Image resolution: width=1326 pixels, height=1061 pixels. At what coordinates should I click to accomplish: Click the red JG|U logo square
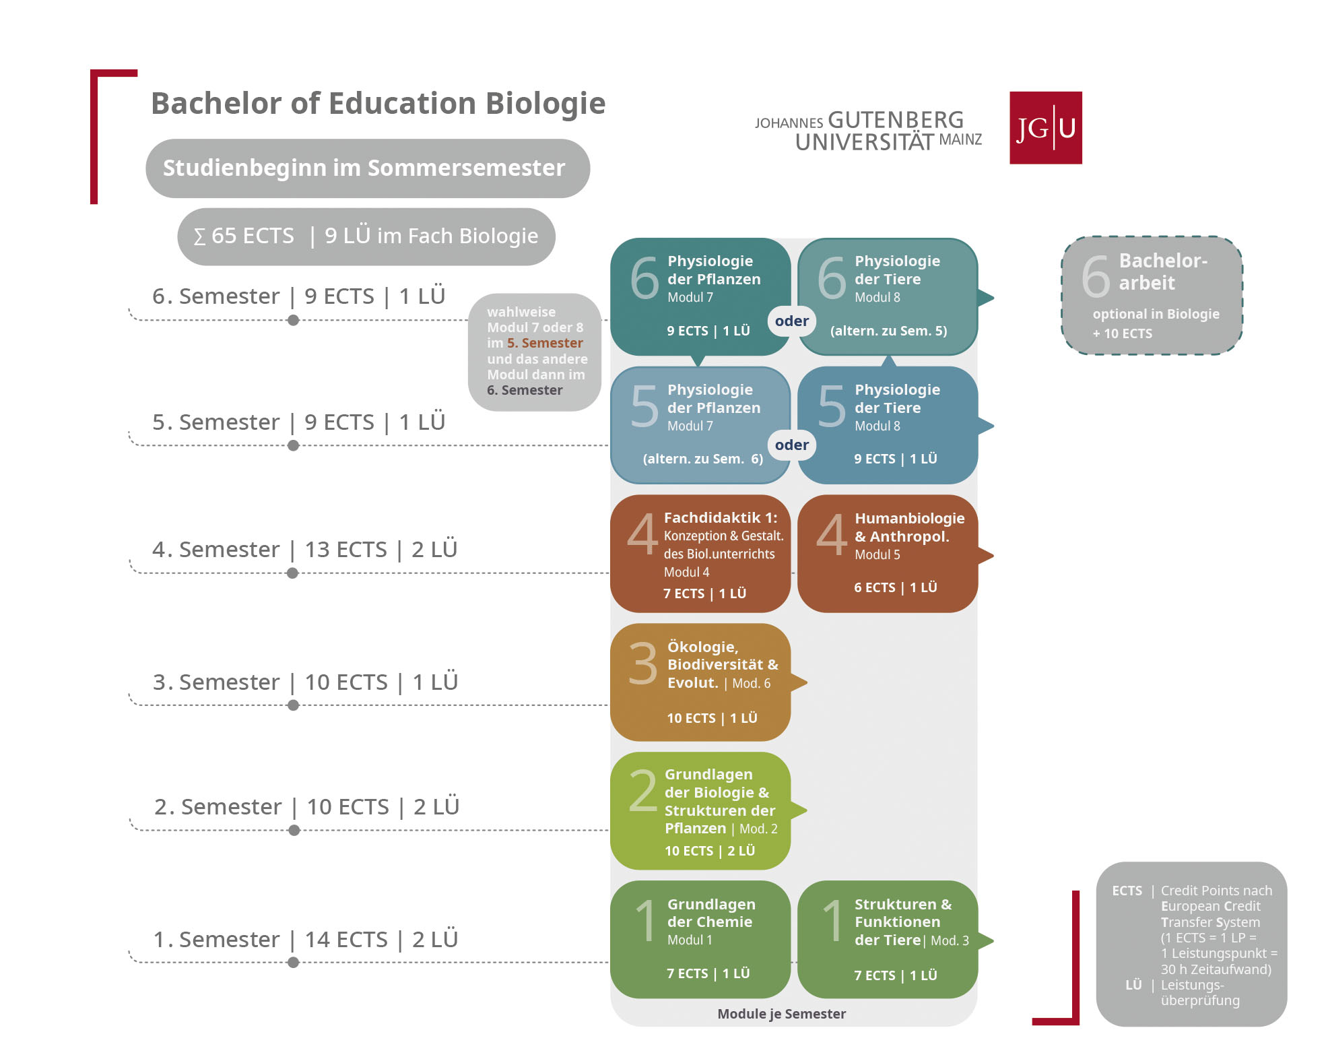click(x=1045, y=128)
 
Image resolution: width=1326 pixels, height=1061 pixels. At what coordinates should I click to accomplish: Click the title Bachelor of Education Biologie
click(x=378, y=104)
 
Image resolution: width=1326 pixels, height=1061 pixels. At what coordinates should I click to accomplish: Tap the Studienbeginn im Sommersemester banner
click(x=368, y=168)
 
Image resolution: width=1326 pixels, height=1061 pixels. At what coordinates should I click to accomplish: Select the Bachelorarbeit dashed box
click(x=1152, y=295)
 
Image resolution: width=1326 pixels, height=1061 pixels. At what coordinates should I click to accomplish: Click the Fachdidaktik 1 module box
click(x=700, y=554)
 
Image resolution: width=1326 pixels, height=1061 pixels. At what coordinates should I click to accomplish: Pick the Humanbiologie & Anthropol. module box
click(x=888, y=554)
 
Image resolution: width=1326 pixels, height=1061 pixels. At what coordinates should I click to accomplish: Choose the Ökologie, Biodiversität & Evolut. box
click(x=700, y=682)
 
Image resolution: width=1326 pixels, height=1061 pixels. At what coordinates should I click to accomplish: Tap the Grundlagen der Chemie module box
click(x=700, y=939)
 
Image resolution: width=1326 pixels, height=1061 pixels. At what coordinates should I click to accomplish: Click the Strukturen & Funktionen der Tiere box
click(x=888, y=939)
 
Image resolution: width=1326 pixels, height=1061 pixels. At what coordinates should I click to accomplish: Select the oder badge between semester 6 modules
click(x=792, y=321)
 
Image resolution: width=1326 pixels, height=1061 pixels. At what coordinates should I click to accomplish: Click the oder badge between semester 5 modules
click(x=792, y=445)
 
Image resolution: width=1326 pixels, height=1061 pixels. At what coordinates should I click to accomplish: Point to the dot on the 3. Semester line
click(x=293, y=705)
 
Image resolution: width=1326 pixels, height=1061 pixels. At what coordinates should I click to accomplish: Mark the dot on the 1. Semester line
click(x=293, y=963)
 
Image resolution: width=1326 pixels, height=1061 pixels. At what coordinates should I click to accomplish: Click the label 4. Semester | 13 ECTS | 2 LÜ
click(x=304, y=550)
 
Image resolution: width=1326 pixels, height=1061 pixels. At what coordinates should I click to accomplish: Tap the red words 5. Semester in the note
click(x=545, y=343)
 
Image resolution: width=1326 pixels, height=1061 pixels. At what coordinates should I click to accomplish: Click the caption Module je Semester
click(x=781, y=1014)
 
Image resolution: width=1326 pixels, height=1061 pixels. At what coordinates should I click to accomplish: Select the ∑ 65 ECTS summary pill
click(x=366, y=236)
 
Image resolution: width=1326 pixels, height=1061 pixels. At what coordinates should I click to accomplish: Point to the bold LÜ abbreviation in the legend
click(x=1133, y=985)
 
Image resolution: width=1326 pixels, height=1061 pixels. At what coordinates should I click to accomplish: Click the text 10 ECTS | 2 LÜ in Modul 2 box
click(x=710, y=851)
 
